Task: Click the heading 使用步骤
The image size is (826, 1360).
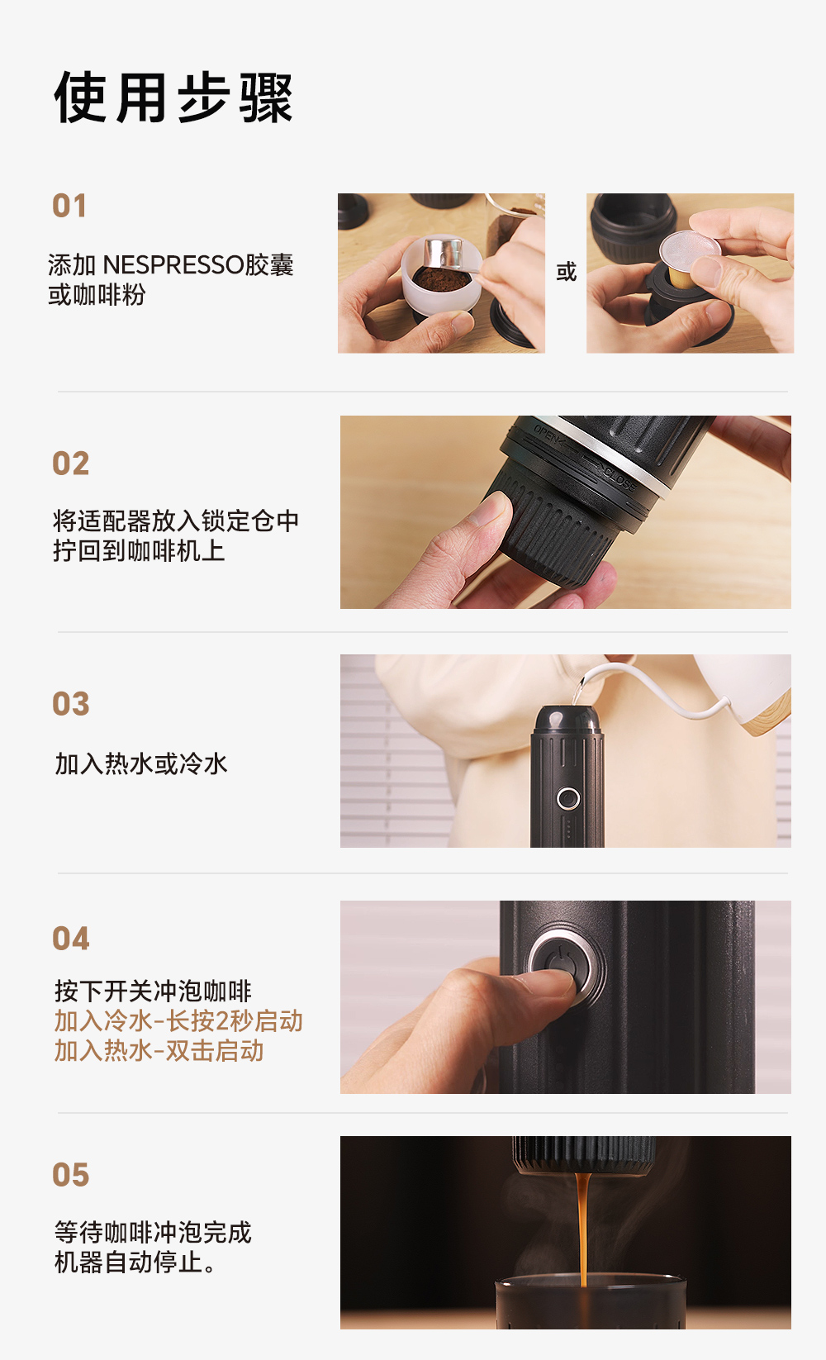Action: tap(173, 98)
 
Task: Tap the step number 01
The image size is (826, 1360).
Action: tap(69, 206)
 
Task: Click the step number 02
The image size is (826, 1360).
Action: tap(70, 464)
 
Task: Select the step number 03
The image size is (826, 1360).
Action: tap(70, 704)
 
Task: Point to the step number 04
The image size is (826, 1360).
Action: tap(70, 939)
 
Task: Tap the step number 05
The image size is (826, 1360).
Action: tap(70, 1175)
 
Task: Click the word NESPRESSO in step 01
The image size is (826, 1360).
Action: tap(173, 265)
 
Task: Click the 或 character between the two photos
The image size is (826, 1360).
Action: tap(566, 272)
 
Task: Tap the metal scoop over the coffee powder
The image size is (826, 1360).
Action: tap(444, 254)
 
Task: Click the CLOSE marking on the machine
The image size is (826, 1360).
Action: tap(619, 478)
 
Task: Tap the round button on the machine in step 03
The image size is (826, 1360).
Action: tap(567, 798)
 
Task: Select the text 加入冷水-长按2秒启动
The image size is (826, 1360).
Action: tap(178, 1021)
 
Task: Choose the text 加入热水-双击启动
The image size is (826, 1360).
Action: tap(159, 1051)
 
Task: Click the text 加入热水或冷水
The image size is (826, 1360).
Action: tap(140, 764)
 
